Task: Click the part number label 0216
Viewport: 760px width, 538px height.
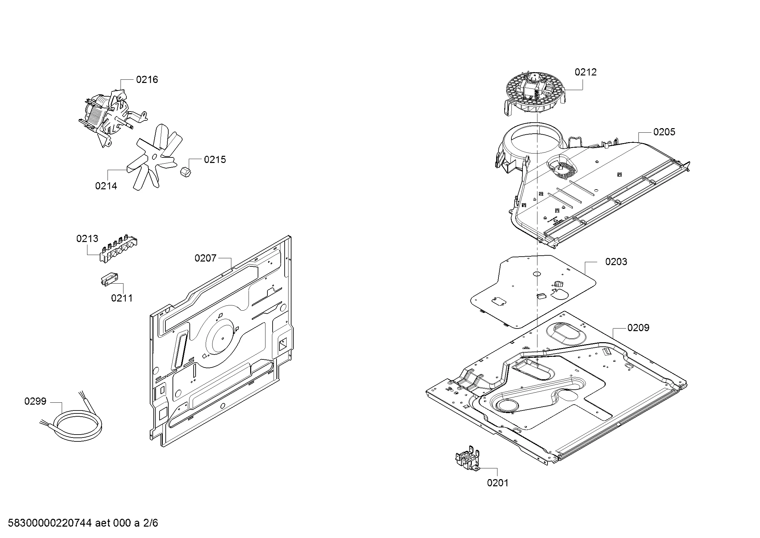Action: tap(147, 80)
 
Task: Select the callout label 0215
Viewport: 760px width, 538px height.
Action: tap(215, 160)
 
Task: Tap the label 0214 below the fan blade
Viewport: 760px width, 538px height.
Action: tap(106, 186)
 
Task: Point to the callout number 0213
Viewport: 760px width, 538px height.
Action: tap(87, 238)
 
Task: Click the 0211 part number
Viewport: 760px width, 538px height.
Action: tap(122, 298)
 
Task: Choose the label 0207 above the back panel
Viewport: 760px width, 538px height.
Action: tap(205, 258)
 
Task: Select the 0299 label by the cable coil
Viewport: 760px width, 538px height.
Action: tap(35, 401)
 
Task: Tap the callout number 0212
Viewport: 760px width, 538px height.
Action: tap(585, 72)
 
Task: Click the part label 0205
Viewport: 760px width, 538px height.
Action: tap(664, 132)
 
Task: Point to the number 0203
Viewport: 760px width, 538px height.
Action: tap(616, 262)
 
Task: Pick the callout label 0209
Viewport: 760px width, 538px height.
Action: tap(638, 328)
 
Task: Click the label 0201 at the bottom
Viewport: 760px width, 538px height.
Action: tap(497, 483)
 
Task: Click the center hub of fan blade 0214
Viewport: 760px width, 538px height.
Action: tap(153, 157)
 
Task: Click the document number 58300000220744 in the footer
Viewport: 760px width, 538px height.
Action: tap(50, 523)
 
